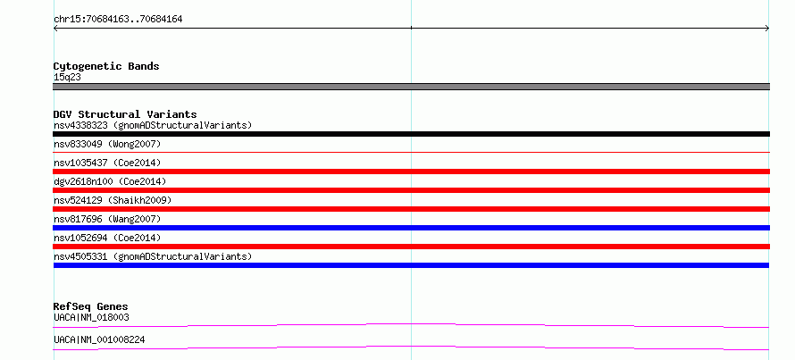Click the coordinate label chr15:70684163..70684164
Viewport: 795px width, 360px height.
(x=118, y=20)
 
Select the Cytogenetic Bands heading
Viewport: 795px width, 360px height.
(x=106, y=66)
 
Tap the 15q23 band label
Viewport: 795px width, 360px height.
(x=67, y=78)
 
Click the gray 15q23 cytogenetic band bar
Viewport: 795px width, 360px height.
(x=411, y=87)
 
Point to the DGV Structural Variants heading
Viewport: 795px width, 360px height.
(x=125, y=114)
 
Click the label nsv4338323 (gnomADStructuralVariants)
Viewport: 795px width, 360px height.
(x=153, y=125)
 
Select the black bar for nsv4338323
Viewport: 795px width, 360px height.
(x=411, y=134)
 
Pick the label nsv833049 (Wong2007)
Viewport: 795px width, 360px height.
(x=107, y=144)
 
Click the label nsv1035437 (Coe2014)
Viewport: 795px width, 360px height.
(x=107, y=163)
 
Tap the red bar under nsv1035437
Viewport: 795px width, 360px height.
(x=411, y=172)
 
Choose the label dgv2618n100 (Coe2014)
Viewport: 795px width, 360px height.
(x=110, y=181)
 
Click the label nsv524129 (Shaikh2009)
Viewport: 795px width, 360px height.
(x=113, y=200)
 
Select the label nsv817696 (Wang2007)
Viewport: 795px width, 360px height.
(x=107, y=219)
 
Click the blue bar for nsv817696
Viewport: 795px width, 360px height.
(x=411, y=228)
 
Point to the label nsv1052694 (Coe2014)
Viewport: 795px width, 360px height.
(x=107, y=238)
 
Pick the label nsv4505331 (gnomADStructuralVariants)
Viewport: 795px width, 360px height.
(x=153, y=256)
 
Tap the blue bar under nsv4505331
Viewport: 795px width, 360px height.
(x=411, y=265)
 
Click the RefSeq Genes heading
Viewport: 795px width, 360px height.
(x=91, y=306)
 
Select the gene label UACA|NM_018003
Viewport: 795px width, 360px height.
(x=91, y=317)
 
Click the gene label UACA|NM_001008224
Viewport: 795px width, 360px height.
(x=99, y=339)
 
